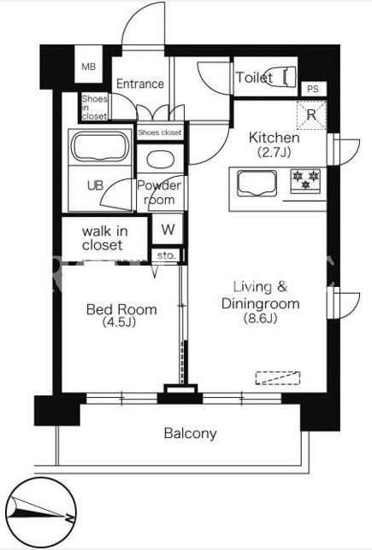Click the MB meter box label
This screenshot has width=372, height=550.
click(x=89, y=67)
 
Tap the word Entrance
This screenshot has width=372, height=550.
click(x=139, y=84)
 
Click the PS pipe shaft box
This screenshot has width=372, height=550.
click(x=313, y=89)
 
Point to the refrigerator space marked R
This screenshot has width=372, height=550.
click(x=311, y=114)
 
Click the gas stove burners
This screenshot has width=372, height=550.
click(x=305, y=181)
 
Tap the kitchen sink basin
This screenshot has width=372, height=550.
click(x=257, y=183)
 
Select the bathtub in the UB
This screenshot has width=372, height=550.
click(x=100, y=146)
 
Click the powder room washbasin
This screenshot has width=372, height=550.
click(x=160, y=160)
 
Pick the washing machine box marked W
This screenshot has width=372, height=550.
click(x=168, y=230)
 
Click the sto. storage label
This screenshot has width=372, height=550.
click(x=166, y=255)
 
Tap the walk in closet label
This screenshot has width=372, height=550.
click(x=104, y=238)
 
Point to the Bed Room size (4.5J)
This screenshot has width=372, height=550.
click(x=119, y=322)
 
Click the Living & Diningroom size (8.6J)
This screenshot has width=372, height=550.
click(x=260, y=318)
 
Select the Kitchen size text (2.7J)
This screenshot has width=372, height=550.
click(x=274, y=152)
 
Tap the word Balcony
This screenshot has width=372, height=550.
click(x=190, y=434)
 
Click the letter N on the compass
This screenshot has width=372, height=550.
click(x=69, y=517)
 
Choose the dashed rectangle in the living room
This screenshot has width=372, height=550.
click(x=278, y=377)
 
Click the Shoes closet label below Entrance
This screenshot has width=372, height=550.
click(x=159, y=132)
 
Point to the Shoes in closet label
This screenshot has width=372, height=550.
click(x=94, y=108)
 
